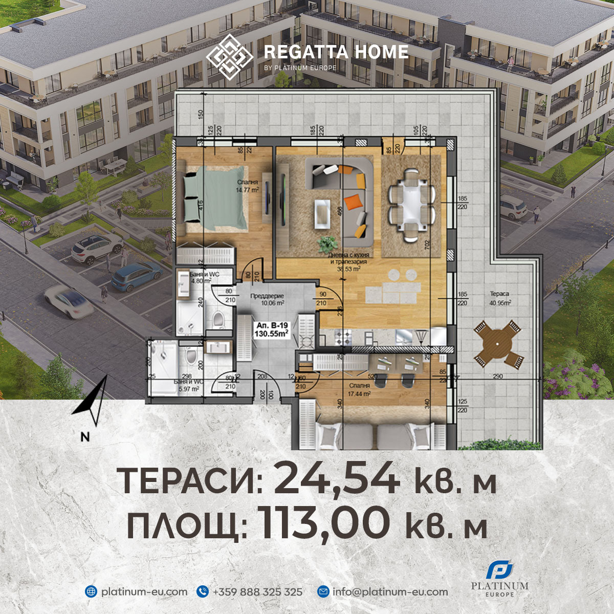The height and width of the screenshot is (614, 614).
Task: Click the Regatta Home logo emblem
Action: (229, 56)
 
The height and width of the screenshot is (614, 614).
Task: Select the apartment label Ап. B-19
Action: (272, 330)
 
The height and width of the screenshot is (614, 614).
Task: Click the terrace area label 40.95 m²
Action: (500, 298)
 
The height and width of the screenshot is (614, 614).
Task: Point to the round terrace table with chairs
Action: (497, 343)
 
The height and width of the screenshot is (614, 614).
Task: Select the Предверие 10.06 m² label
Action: (267, 299)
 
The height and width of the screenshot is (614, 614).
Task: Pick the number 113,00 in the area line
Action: (323, 523)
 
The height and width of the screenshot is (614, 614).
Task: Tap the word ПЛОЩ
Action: (187, 525)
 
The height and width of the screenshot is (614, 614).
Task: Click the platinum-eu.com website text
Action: (144, 592)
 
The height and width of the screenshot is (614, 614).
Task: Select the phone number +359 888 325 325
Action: (257, 592)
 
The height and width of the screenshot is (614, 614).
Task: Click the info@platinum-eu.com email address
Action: (390, 592)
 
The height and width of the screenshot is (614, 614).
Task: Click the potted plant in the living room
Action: (327, 243)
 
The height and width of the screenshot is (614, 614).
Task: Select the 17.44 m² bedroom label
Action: (359, 389)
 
